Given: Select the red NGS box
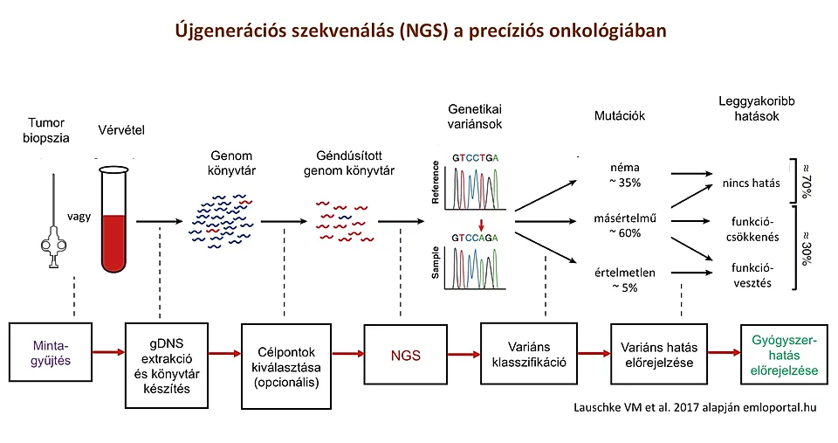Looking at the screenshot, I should pos(405,356).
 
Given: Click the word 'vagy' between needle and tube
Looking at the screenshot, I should pos(79,214).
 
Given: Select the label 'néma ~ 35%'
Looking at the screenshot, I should pos(628,174).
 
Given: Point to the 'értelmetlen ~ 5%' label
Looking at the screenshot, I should pos(628,280).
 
